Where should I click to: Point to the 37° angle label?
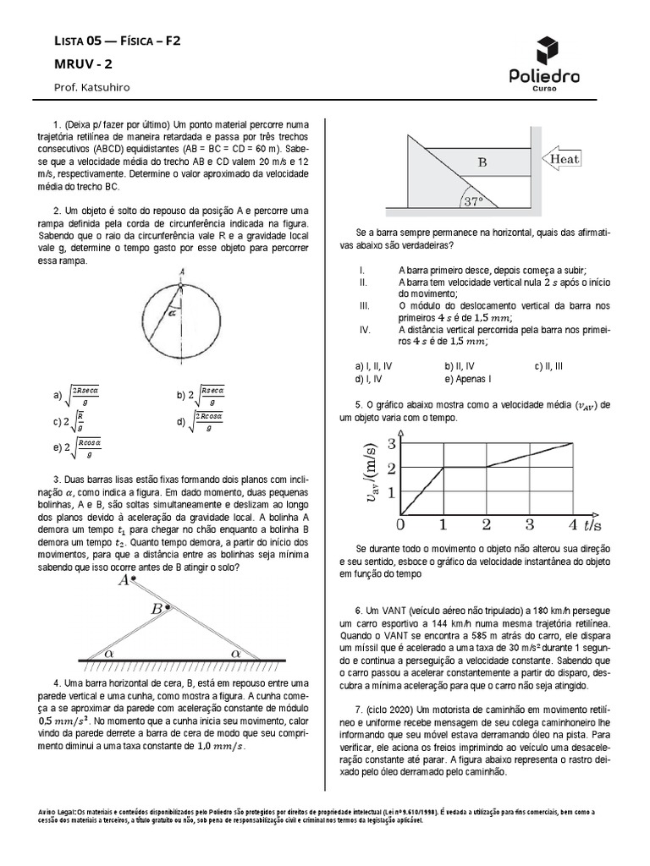point(472,201)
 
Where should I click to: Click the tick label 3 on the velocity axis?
point(391,443)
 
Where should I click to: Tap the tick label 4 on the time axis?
point(572,524)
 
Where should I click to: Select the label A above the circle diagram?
point(182,270)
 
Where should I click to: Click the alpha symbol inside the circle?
point(171,311)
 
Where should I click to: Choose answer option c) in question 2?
point(67,420)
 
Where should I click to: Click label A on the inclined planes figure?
point(124,580)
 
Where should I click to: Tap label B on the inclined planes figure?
point(157,609)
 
